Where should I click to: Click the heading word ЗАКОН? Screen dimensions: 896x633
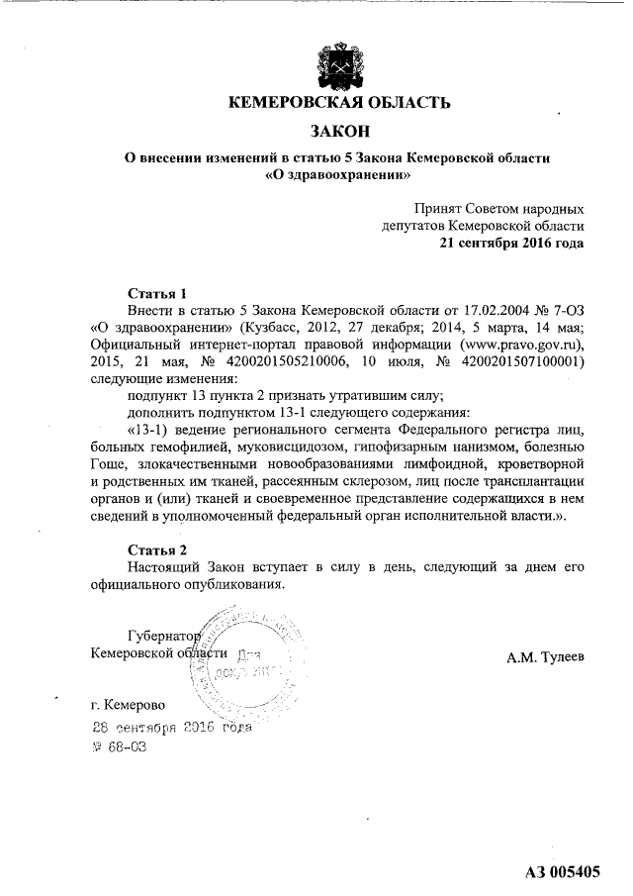(339, 131)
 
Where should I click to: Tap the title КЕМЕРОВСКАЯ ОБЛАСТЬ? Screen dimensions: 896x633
(339, 102)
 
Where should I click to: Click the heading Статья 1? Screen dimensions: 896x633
(158, 293)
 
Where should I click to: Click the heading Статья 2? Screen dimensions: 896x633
(158, 549)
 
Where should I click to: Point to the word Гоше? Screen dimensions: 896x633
(107, 464)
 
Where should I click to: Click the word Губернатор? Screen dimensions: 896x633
(164, 636)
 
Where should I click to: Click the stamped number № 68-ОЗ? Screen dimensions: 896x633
(119, 747)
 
